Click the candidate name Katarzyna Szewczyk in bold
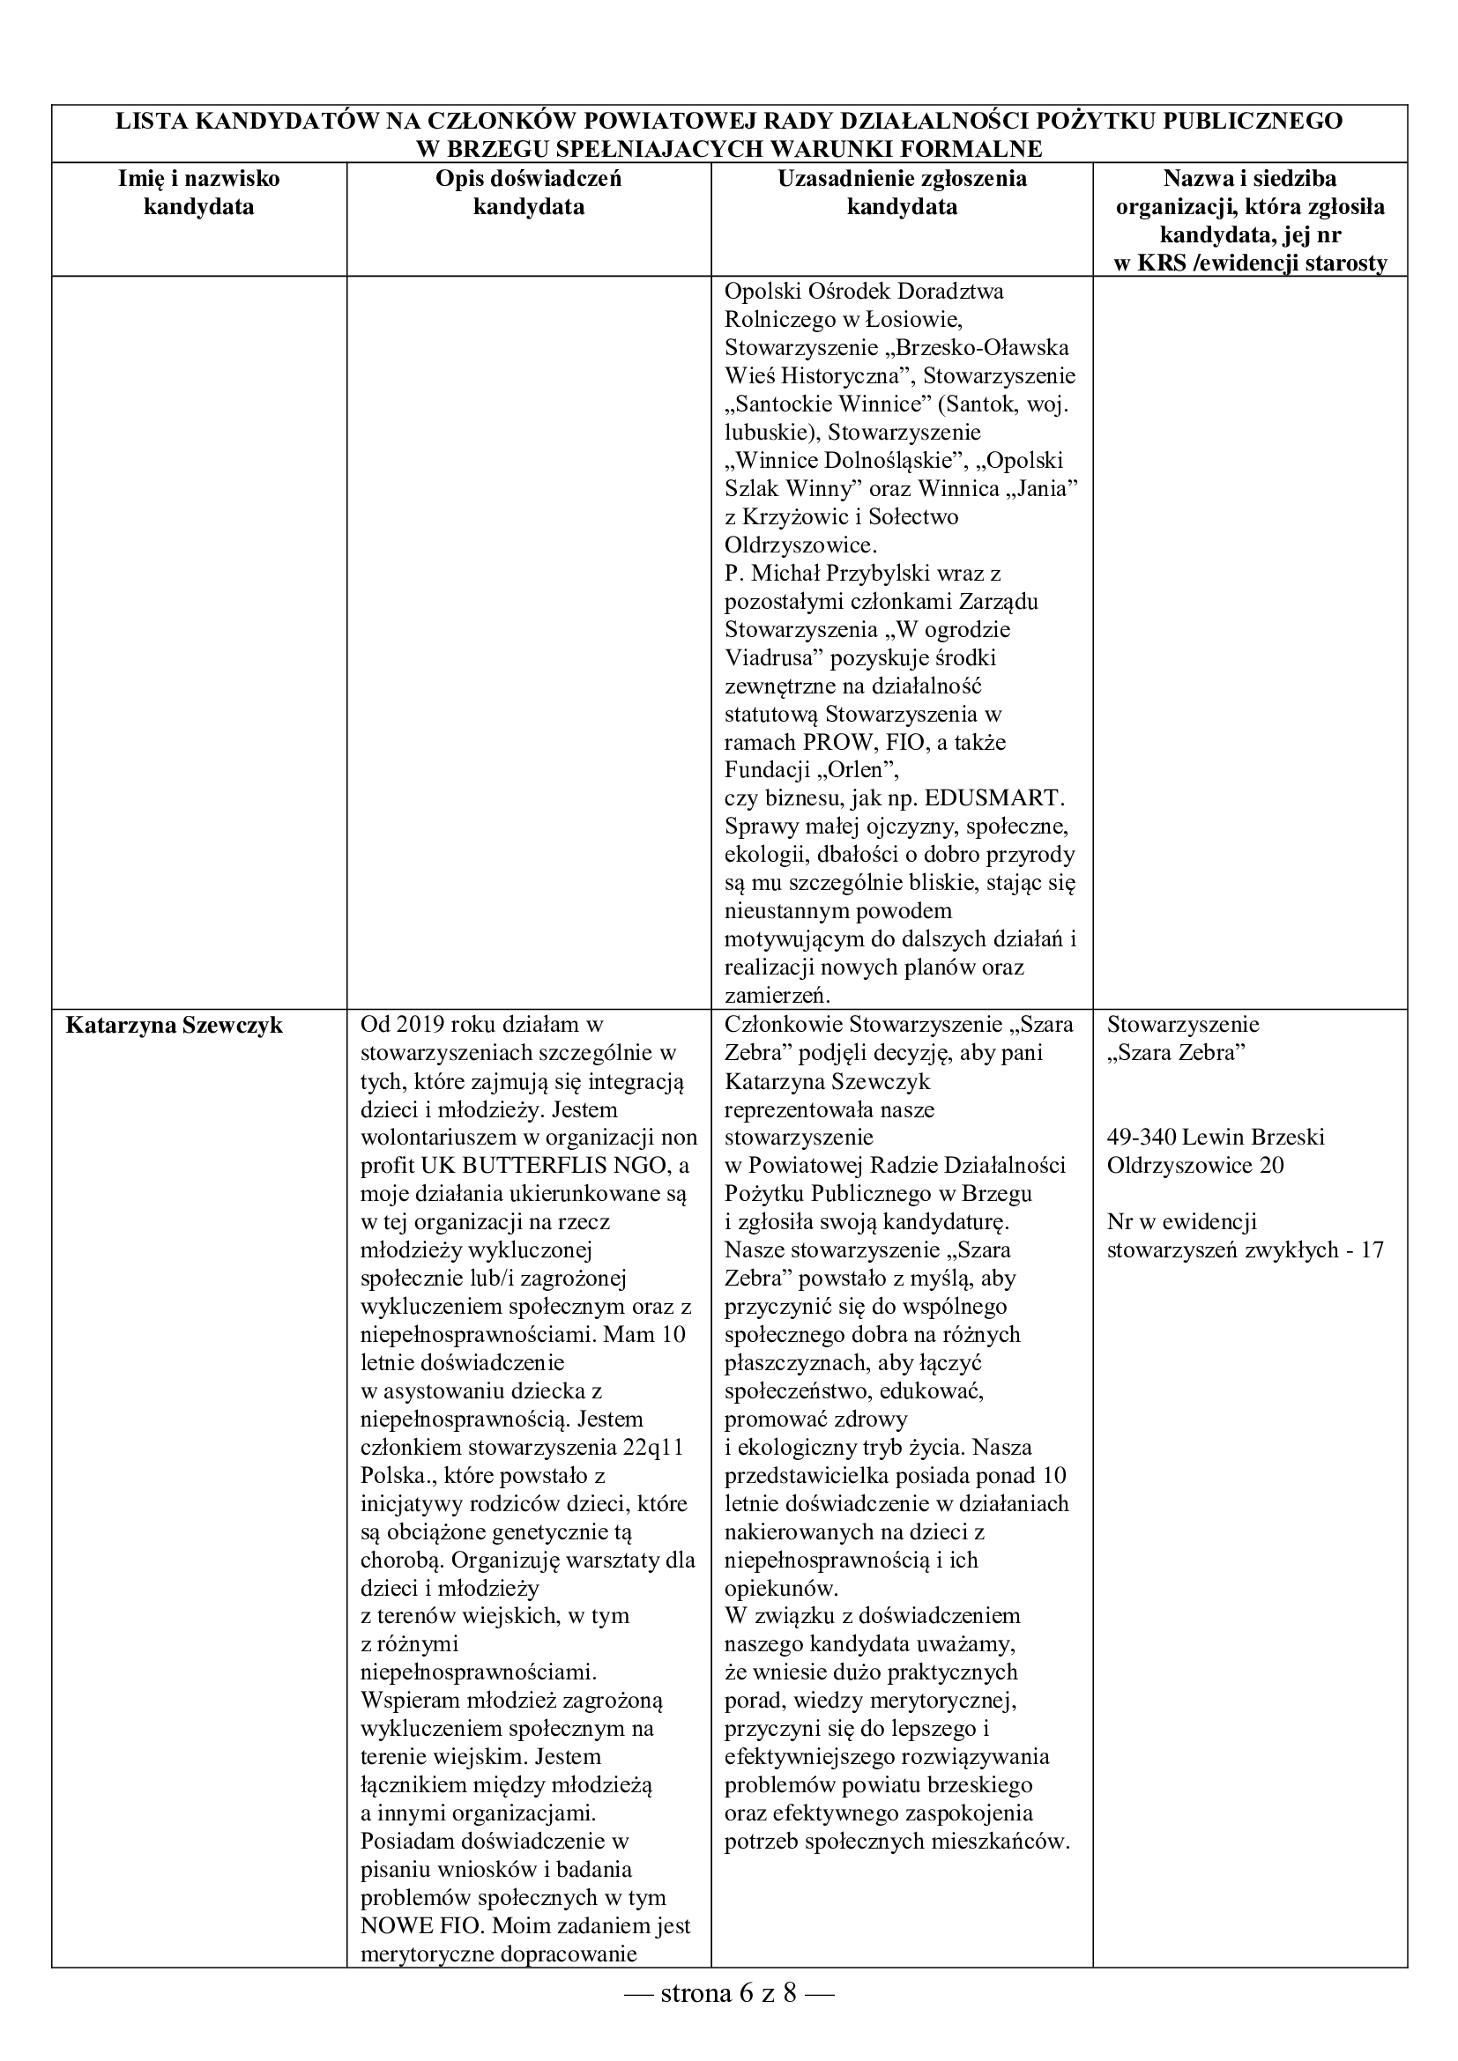(175, 1025)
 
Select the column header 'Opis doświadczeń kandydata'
(529, 193)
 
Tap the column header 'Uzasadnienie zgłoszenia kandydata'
(903, 193)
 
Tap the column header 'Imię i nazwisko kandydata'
(199, 193)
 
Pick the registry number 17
(1372, 1249)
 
